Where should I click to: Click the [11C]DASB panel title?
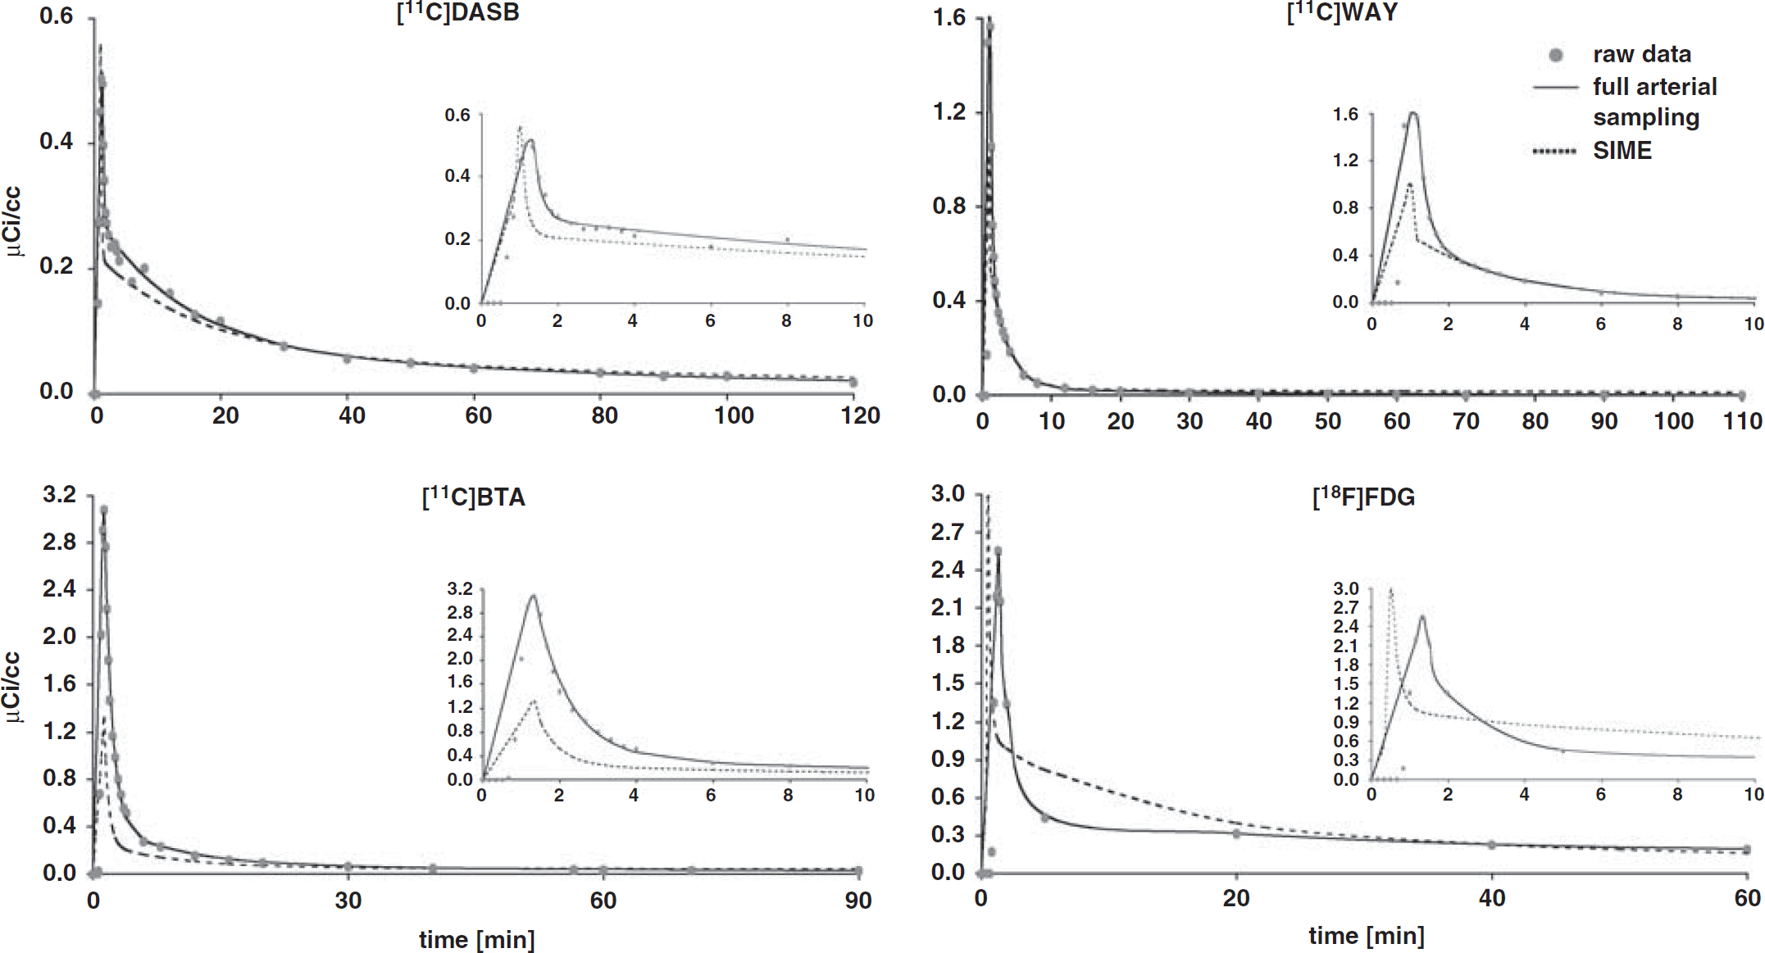click(457, 13)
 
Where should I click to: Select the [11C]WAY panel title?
click(1342, 13)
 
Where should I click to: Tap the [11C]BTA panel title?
click(473, 497)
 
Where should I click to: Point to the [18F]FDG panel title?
click(1363, 497)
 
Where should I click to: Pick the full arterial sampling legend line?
click(1555, 87)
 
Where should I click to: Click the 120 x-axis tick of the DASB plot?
click(860, 415)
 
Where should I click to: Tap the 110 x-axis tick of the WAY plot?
click(1742, 421)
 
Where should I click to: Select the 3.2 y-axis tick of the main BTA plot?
click(59, 494)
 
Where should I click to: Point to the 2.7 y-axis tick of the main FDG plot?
click(948, 532)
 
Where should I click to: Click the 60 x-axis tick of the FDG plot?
click(1747, 898)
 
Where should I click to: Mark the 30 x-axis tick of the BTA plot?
click(348, 901)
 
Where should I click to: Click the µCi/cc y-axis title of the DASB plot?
click(14, 221)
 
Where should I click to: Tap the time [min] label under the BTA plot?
click(477, 939)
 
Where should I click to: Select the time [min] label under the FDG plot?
click(1366, 936)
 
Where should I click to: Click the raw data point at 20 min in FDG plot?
click(1236, 833)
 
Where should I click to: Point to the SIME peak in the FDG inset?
click(1390, 589)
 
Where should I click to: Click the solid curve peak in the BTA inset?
click(534, 596)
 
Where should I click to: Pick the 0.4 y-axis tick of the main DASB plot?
click(56, 141)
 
